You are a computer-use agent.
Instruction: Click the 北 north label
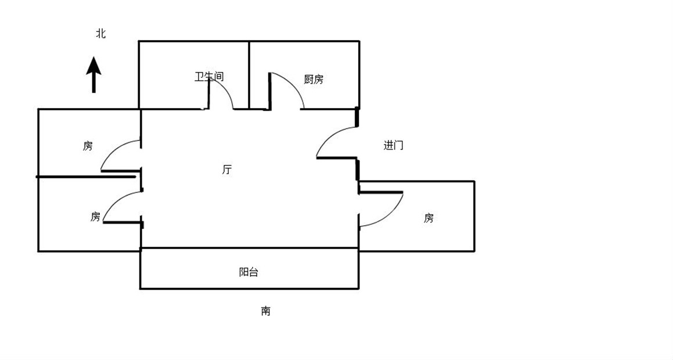(x=101, y=34)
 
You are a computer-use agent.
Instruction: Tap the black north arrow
(x=93, y=75)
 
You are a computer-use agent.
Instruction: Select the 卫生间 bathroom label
(x=209, y=77)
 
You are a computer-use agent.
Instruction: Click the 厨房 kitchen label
(x=314, y=80)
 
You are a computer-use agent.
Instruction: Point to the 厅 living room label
(x=227, y=170)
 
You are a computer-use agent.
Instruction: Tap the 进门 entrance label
(x=393, y=146)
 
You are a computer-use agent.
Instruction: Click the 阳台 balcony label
(x=249, y=272)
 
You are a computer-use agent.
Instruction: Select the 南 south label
(x=266, y=311)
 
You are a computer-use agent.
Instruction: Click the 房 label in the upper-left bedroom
(x=88, y=146)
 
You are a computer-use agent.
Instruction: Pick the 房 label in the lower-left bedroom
(x=95, y=217)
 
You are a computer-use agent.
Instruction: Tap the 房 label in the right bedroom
(x=429, y=218)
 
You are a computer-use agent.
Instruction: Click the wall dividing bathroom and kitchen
(x=249, y=75)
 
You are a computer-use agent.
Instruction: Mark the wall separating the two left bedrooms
(x=86, y=177)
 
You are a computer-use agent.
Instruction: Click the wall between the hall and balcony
(x=249, y=248)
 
